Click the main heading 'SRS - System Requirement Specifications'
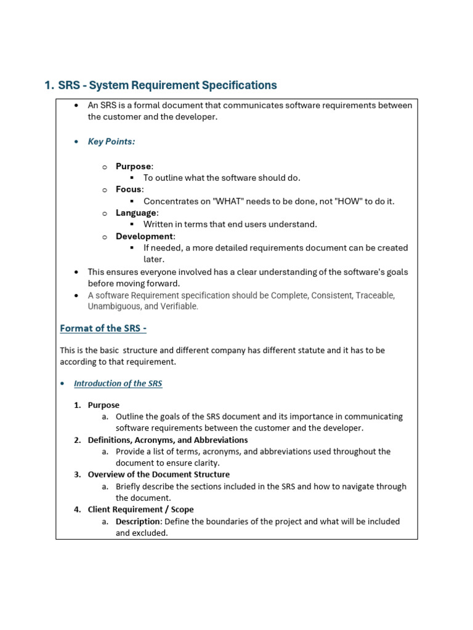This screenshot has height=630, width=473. click(168, 86)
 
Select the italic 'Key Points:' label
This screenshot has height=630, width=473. click(111, 142)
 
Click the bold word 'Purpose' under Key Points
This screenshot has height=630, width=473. click(133, 166)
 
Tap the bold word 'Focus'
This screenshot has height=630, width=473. click(129, 189)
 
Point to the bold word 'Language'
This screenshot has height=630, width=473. click(135, 213)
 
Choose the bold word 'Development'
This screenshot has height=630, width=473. click(144, 236)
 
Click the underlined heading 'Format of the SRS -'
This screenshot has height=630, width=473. click(103, 329)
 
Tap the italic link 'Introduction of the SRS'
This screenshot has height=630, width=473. click(118, 383)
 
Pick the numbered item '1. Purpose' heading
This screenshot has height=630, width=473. click(103, 405)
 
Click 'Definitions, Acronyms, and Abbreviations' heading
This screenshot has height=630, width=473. click(168, 441)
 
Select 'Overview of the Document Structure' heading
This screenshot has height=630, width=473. click(158, 475)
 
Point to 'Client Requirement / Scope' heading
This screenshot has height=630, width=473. click(140, 510)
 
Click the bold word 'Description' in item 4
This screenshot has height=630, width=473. click(137, 522)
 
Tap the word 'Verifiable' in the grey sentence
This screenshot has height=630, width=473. click(179, 306)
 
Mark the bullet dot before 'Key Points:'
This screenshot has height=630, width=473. click(76, 142)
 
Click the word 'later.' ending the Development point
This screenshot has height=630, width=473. click(154, 260)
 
